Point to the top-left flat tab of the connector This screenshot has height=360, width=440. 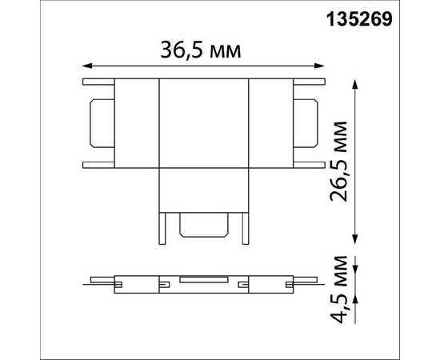coord(99,82)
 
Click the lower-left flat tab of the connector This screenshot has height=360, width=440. coord(99,164)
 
